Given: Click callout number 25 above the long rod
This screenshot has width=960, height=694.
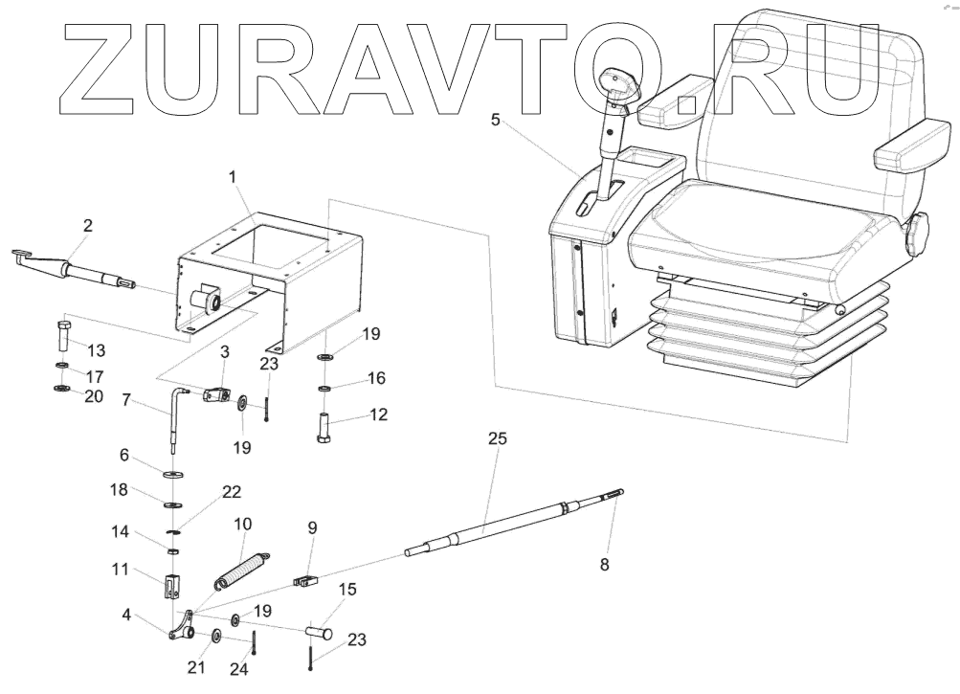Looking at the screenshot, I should tap(497, 438).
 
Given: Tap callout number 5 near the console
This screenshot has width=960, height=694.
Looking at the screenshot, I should tap(495, 121).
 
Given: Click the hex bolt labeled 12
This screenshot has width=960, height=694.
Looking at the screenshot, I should tap(324, 425).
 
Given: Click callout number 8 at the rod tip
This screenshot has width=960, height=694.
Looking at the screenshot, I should tap(604, 565).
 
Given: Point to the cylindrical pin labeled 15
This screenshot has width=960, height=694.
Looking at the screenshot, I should tap(319, 633).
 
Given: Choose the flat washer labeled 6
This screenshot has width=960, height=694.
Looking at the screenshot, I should tap(175, 474).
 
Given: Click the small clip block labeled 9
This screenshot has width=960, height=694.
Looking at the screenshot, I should tap(304, 579).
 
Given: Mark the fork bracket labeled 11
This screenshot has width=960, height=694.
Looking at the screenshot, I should tap(171, 585).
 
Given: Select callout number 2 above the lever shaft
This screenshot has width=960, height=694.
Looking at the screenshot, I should tap(88, 226).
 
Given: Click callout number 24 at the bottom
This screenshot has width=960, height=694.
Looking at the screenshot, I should tap(239, 670).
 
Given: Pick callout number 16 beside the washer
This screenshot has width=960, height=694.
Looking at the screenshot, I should tap(375, 379).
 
